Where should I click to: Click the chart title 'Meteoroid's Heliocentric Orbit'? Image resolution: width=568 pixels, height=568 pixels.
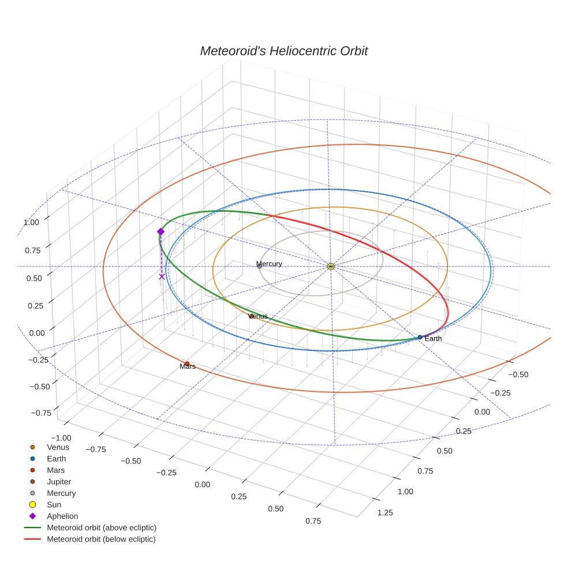pyautogui.click(x=283, y=51)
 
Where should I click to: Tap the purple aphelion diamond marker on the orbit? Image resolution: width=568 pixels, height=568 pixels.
pyautogui.click(x=160, y=231)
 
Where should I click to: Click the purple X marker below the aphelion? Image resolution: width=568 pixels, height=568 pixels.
pyautogui.click(x=162, y=276)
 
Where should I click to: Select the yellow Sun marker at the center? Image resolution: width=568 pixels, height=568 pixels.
pyautogui.click(x=331, y=266)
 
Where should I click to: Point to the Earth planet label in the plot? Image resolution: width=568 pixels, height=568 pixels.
pyautogui.click(x=433, y=339)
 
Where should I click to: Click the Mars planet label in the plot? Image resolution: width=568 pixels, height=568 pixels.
pyautogui.click(x=188, y=367)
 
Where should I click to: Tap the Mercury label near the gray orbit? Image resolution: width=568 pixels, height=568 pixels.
pyautogui.click(x=270, y=264)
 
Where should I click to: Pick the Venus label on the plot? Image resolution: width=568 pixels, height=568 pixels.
pyautogui.click(x=258, y=316)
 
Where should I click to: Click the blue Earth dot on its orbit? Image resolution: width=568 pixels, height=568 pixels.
pyautogui.click(x=420, y=337)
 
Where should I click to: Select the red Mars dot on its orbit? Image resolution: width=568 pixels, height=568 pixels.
pyautogui.click(x=187, y=363)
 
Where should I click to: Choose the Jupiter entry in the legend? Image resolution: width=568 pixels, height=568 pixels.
pyautogui.click(x=59, y=481)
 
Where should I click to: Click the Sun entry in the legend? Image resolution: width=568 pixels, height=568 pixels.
pyautogui.click(x=54, y=505)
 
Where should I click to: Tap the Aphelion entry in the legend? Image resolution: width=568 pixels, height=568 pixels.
pyautogui.click(x=62, y=516)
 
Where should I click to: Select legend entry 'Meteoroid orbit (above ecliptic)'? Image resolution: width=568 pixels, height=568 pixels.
pyautogui.click(x=102, y=528)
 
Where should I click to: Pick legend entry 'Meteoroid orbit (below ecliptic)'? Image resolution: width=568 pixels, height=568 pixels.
pyautogui.click(x=102, y=539)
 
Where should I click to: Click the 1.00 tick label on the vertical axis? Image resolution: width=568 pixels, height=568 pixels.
pyautogui.click(x=32, y=222)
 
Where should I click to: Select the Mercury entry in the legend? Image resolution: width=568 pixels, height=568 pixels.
pyautogui.click(x=61, y=493)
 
